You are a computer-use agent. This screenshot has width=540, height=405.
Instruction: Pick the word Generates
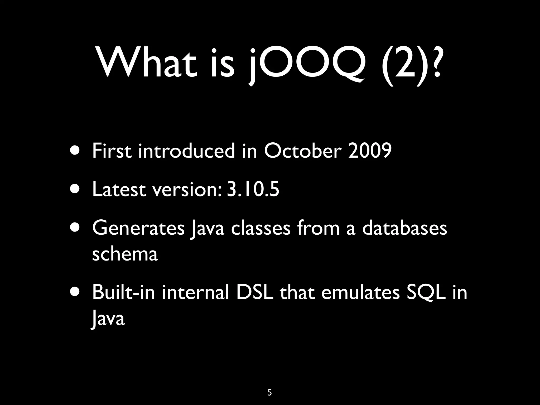[138, 228]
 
